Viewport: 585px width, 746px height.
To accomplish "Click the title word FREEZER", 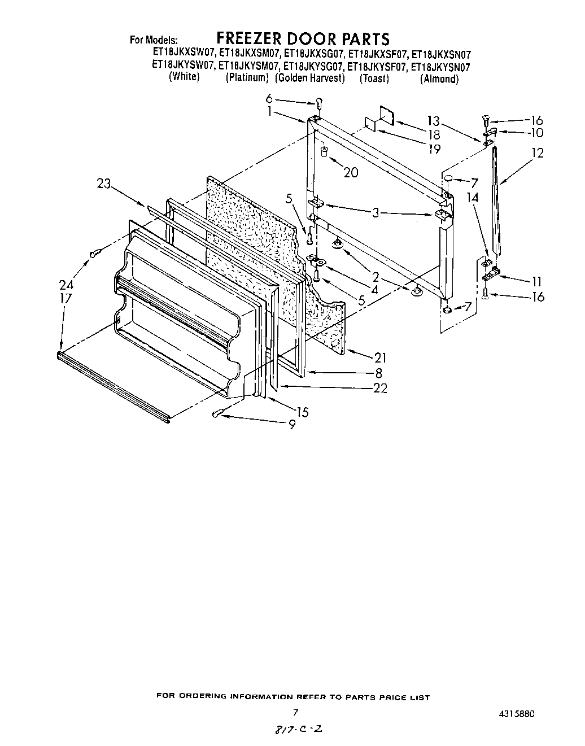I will click(250, 38).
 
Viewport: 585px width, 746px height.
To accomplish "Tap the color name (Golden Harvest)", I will click(310, 78).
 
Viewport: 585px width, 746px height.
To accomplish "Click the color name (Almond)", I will click(439, 78).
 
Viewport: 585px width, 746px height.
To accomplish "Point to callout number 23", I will click(105, 184).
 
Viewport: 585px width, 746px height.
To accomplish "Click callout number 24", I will click(66, 285).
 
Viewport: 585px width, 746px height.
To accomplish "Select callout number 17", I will click(66, 298).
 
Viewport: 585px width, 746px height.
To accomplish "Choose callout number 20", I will click(351, 172).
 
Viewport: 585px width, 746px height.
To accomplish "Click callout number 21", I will click(381, 357).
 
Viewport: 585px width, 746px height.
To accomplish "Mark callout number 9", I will click(291, 425).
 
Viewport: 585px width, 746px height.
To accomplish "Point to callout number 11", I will click(536, 281).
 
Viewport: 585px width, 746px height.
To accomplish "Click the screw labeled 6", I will click(318, 102).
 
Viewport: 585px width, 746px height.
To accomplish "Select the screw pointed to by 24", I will click(95, 254).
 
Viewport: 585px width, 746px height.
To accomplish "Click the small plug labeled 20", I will click(325, 151).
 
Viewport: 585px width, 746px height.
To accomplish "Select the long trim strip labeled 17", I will click(113, 387).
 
